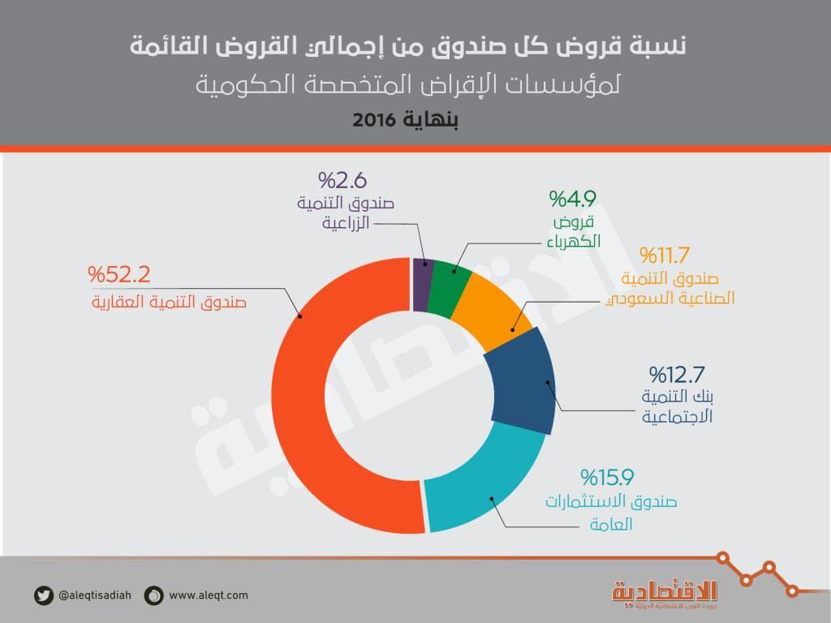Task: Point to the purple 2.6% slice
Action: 420,284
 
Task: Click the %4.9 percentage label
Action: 575,199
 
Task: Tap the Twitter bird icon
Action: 44,595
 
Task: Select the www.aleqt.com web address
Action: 209,595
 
